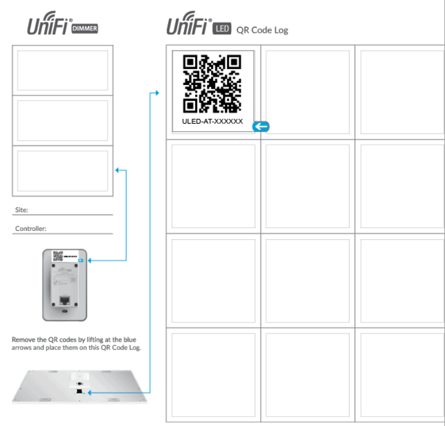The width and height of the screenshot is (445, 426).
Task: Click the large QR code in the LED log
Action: pos(212,83)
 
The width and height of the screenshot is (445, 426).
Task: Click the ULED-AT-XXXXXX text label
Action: pos(212,121)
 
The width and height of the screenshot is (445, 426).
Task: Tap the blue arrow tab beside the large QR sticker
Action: pos(261,126)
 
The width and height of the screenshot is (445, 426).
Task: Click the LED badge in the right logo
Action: pos(222,28)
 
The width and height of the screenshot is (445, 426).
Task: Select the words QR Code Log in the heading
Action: pos(262,30)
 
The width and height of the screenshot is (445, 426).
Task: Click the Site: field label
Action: pos(22,209)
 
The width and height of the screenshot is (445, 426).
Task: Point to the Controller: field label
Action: pos(30,229)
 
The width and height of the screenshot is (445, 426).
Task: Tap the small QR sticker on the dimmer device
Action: pos(58,256)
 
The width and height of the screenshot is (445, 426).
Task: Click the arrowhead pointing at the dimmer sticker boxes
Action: pos(117,171)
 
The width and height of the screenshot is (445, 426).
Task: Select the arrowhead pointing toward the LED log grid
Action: pos(156,93)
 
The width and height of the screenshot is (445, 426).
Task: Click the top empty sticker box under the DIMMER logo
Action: pos(62,70)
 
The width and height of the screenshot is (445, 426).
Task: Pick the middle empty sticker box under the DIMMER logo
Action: pos(62,121)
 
